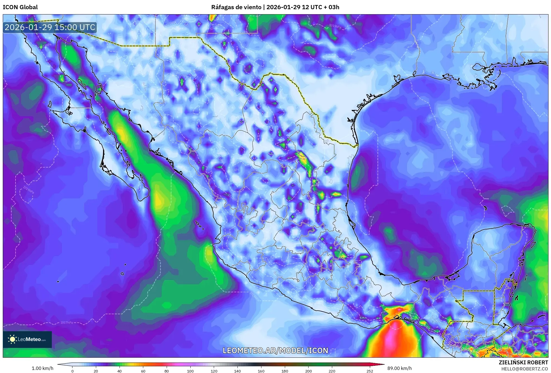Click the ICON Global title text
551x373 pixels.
coord(20,7)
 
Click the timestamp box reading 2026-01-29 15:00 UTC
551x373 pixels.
coord(50,27)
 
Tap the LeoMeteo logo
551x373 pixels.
coord(27,339)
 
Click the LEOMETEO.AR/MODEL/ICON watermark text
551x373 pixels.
coord(275,350)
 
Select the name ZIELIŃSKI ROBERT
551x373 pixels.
coord(523,362)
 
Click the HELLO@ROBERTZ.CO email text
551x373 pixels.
coord(525,369)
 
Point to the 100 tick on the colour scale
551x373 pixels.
coord(190,371)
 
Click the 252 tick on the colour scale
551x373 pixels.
coord(370,371)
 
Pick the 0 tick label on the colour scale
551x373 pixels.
coord(72,371)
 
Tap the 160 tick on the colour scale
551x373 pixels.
coord(261,371)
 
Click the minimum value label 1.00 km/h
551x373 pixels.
coord(42,368)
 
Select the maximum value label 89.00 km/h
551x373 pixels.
coord(399,368)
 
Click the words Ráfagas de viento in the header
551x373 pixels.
coord(236,7)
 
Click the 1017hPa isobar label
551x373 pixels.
coord(67,323)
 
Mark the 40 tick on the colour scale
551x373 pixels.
coord(120,371)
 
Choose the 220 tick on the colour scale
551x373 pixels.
coord(332,371)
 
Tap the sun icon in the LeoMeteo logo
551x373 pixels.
coord(12,339)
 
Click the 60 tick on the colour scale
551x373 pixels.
coord(143,371)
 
